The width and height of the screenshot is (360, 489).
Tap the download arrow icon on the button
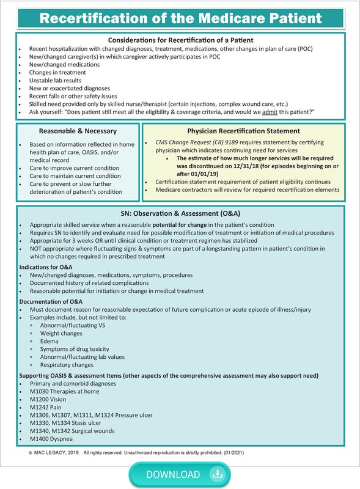[x=215, y=474]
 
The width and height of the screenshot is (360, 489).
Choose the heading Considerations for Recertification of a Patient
[x=180, y=39]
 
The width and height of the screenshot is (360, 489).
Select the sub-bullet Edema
[x=50, y=340]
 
